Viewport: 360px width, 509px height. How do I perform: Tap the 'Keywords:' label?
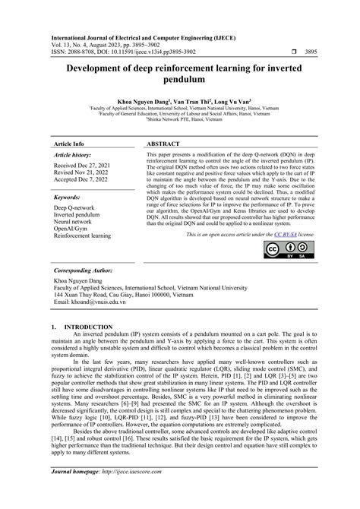click(x=69, y=196)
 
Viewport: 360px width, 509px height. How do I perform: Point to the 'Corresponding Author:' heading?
click(x=87, y=270)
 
